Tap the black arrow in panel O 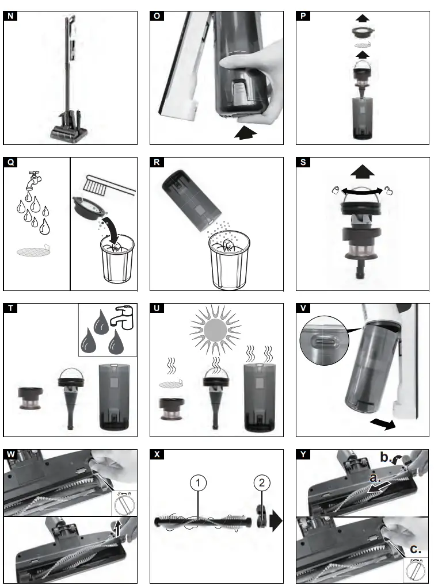pos(244,133)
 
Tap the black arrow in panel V pos(382,424)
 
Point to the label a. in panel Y pos(376,477)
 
